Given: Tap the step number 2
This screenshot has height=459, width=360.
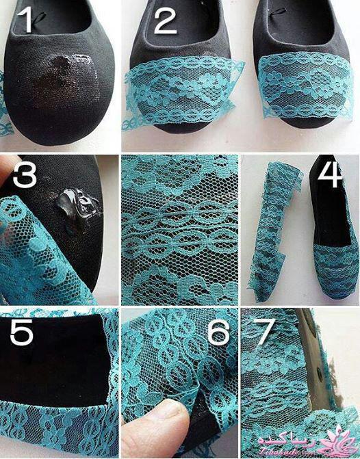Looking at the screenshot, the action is click(165, 20).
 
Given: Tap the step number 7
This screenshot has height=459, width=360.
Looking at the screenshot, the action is click(265, 331).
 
